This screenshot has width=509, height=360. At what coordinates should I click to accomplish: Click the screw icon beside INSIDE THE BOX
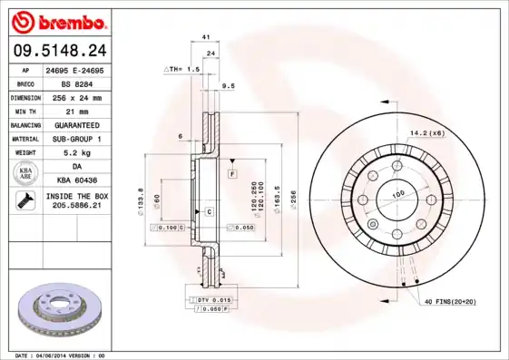(x=22, y=201)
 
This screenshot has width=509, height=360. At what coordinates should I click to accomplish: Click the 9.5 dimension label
(x=229, y=85)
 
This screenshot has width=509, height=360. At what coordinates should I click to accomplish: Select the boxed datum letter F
(x=232, y=172)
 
